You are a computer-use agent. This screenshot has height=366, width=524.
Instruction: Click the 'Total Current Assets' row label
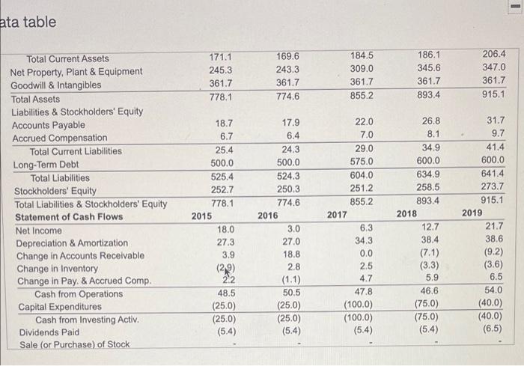click(68, 58)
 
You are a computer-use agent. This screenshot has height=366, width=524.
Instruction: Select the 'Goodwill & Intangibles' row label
click(55, 85)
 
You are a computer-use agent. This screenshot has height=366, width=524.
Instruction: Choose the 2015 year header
click(201, 216)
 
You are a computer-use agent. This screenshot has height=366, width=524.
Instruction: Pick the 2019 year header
click(472, 213)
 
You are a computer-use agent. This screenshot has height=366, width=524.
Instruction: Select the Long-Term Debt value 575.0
click(360, 162)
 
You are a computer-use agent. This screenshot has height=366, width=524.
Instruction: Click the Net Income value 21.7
click(495, 226)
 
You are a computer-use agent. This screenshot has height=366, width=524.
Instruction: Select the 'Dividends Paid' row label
click(45, 332)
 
